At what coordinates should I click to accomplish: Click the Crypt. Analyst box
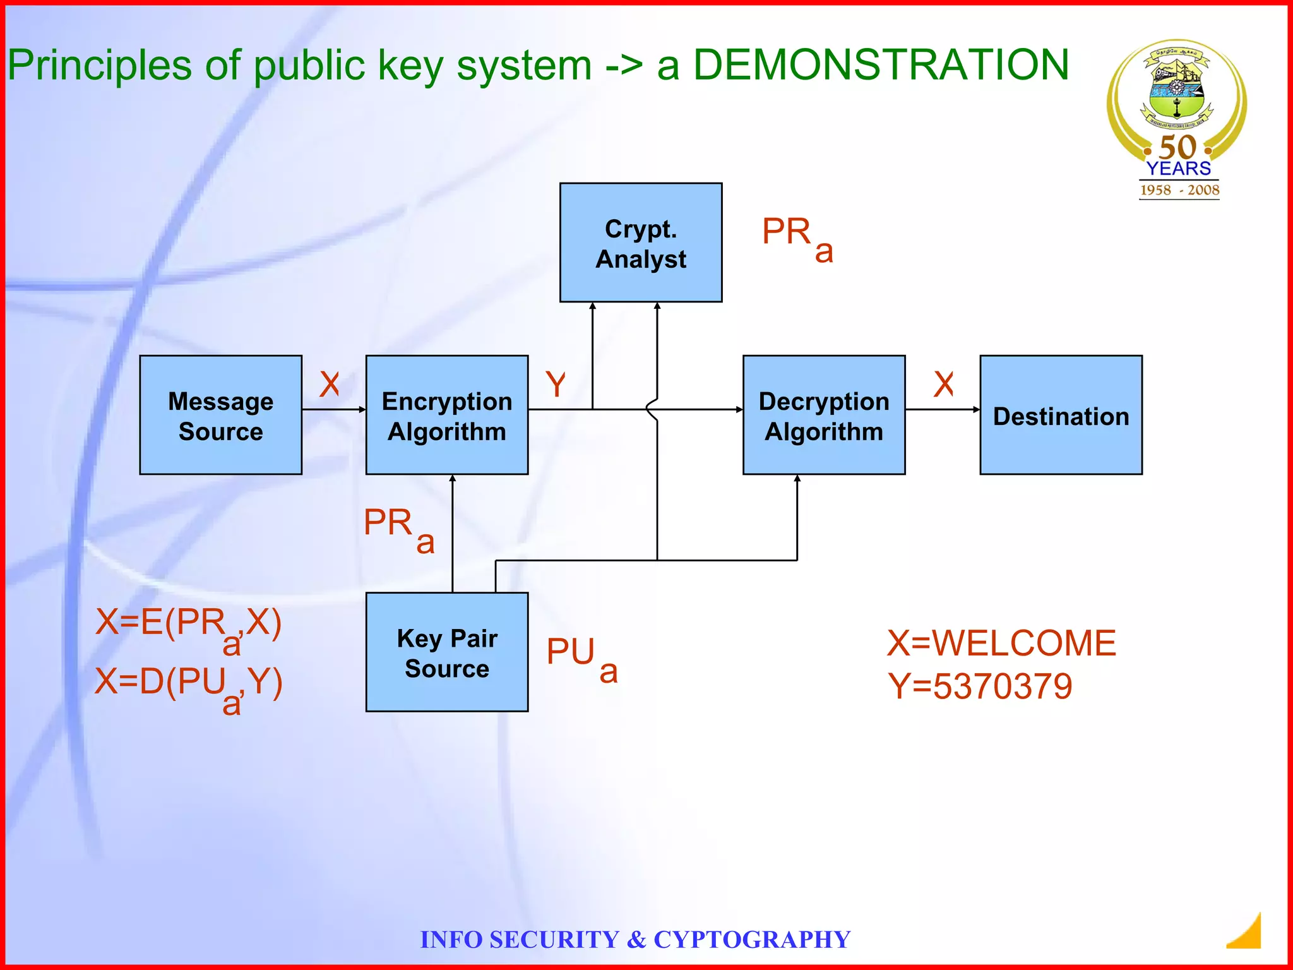point(641,242)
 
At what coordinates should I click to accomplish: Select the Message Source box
point(220,415)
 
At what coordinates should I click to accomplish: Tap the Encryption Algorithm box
point(447,415)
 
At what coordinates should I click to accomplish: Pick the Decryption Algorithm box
point(824,415)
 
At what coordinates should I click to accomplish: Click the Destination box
point(1061,415)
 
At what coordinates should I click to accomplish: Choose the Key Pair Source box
point(447,652)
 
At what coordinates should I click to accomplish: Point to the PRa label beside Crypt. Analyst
point(797,239)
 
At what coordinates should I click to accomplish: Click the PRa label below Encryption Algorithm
point(399,529)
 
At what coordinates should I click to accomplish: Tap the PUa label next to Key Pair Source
point(581,659)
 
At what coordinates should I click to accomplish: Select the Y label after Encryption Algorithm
point(556,384)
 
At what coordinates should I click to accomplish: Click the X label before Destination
point(944,384)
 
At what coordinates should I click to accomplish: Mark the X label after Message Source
point(330,384)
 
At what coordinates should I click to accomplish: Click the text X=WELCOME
point(1001,644)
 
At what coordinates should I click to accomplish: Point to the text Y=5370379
point(980,686)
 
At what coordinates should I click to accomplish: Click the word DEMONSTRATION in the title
point(881,65)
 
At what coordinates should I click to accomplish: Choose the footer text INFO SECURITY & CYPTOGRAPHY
point(635,940)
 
